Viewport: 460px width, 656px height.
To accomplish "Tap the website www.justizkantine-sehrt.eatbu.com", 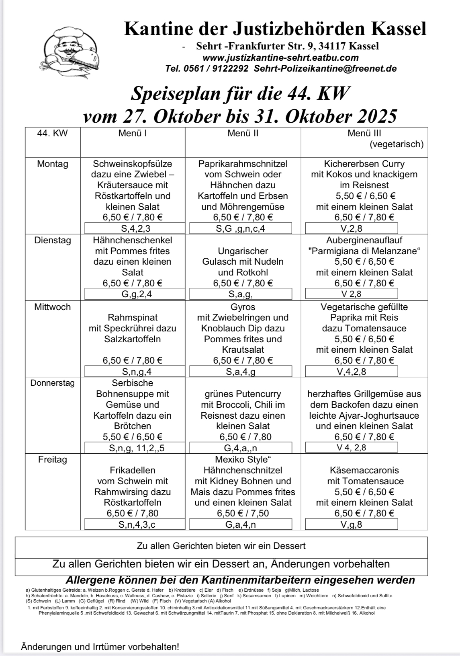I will pos(281,58).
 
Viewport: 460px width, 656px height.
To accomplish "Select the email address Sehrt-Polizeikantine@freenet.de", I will pos(325,69).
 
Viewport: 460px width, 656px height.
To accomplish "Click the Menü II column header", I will pos(243,133).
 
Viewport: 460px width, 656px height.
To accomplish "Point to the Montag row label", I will pos(53,164).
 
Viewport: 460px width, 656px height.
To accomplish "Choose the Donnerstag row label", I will pos(53,383).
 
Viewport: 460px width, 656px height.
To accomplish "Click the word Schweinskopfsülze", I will pos(133,164).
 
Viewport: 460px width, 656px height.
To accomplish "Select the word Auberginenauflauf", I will pos(364,241).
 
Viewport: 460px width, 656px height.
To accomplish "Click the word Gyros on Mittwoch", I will pos(243,307).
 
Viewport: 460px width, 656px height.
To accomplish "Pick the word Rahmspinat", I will pos(133,318).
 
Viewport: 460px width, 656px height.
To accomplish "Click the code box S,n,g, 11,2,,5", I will pos(136,448).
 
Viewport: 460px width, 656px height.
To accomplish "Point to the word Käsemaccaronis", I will pos(364,471).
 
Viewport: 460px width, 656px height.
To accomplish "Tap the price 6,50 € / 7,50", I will pos(243,514).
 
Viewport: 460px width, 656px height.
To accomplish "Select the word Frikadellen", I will pos(133,471).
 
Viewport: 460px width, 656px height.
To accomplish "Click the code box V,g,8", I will pos(351,524).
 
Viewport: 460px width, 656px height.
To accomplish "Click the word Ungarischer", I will pos(243,251).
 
